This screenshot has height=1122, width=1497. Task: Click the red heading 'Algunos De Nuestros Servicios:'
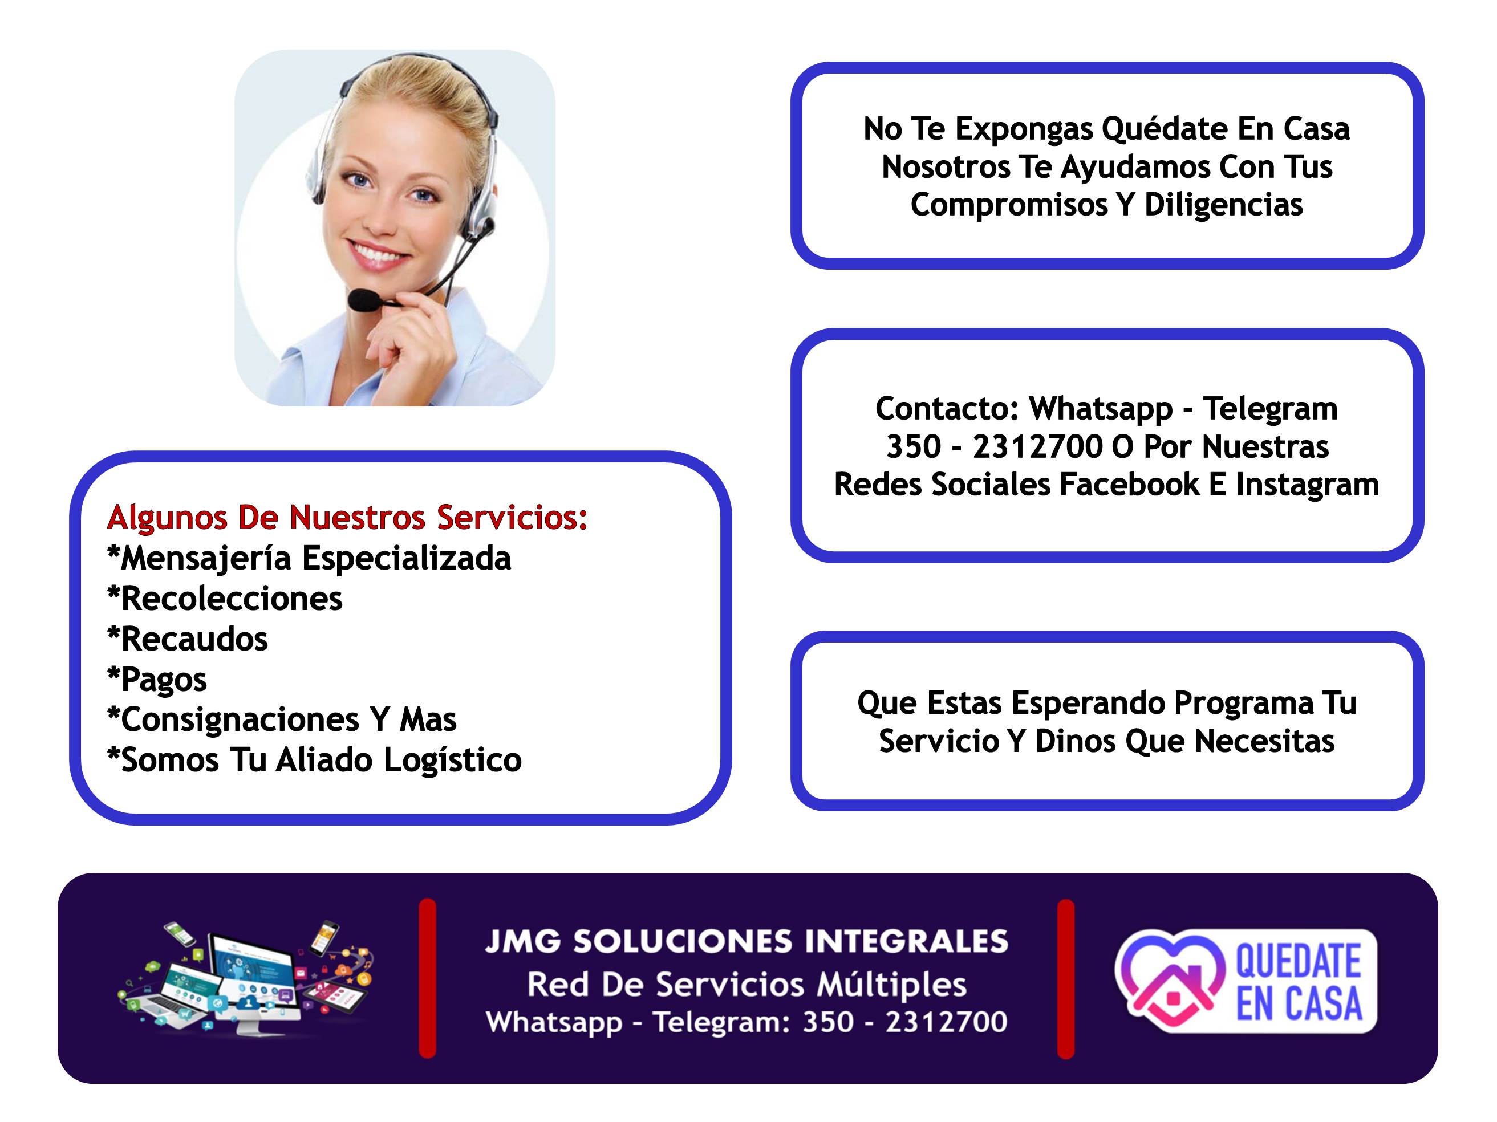[347, 518]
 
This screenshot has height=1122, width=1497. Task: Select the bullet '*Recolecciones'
[225, 598]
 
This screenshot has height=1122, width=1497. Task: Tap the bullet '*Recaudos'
[188, 639]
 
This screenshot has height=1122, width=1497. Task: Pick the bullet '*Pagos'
[157, 680]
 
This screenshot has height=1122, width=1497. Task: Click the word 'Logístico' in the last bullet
[453, 761]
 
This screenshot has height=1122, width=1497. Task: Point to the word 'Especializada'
[406, 559]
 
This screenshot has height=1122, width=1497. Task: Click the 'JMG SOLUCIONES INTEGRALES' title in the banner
[747, 941]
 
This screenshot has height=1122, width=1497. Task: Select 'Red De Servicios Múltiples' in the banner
[747, 985]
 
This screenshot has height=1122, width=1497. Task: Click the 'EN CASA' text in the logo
[1299, 1004]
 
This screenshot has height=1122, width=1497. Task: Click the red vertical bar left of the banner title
[427, 978]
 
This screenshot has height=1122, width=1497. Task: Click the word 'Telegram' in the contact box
[1270, 409]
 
